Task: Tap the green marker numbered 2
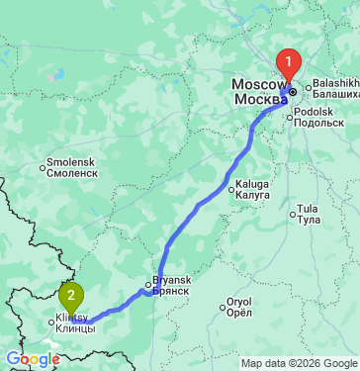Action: tap(71, 294)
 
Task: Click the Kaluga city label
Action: tap(252, 182)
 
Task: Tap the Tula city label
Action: tap(308, 208)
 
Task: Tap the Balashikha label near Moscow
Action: tap(332, 85)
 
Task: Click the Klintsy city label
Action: tap(73, 318)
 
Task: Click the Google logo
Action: tap(33, 359)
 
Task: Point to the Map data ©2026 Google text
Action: tap(300, 363)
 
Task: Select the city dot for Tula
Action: tap(293, 213)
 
